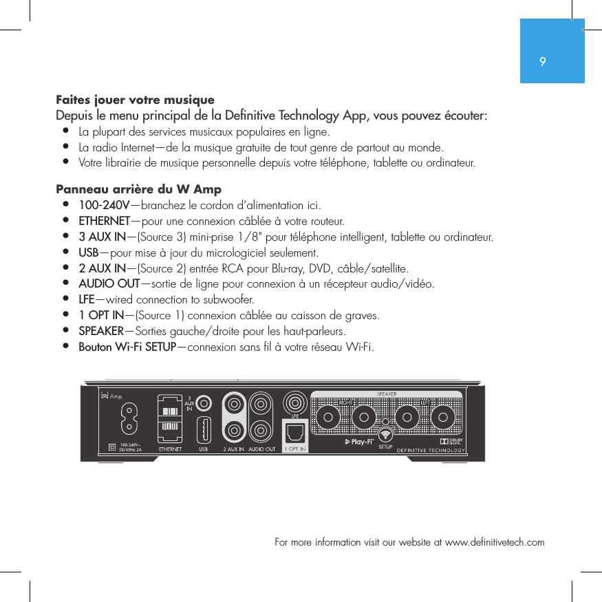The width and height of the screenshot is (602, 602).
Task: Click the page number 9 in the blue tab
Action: pos(544,62)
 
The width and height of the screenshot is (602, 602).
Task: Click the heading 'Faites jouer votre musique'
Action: pos(135,100)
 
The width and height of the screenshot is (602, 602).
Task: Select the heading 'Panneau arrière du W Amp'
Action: pos(138,189)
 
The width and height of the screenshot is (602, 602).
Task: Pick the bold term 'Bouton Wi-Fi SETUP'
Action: pos(127,346)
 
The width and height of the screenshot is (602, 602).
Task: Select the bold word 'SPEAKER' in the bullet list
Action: pos(101,331)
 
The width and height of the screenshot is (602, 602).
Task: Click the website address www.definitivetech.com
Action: pos(495,542)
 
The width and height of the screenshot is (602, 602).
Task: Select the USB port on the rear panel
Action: pos(204,431)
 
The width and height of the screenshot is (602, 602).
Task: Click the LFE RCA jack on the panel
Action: pos(296,402)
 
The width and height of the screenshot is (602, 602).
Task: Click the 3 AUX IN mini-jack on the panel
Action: pos(204,401)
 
